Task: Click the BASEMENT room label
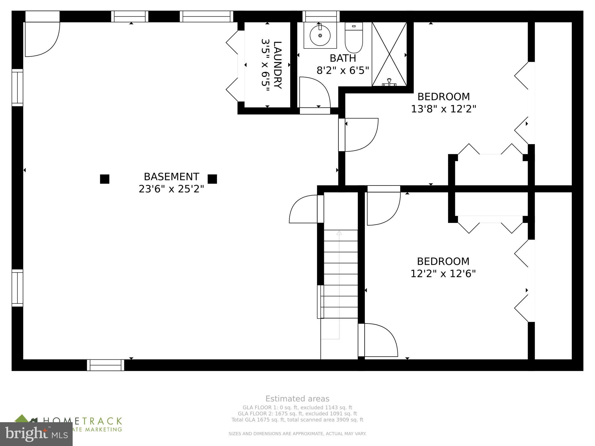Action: [x=171, y=177]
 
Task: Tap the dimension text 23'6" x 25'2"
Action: [x=171, y=189]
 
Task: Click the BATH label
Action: [x=343, y=58]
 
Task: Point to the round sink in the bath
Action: [x=320, y=35]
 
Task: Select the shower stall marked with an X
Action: [x=389, y=54]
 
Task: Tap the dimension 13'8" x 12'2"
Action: [x=443, y=109]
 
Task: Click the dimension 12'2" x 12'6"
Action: [x=443, y=274]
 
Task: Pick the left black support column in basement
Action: [x=105, y=179]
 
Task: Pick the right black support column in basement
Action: [x=212, y=179]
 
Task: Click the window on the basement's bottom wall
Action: [x=105, y=365]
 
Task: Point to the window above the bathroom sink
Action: [x=321, y=16]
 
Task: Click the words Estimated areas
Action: [x=297, y=399]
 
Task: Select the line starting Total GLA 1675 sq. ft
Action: [x=297, y=420]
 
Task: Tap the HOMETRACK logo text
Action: [x=83, y=421]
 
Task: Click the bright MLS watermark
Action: [x=36, y=434]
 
